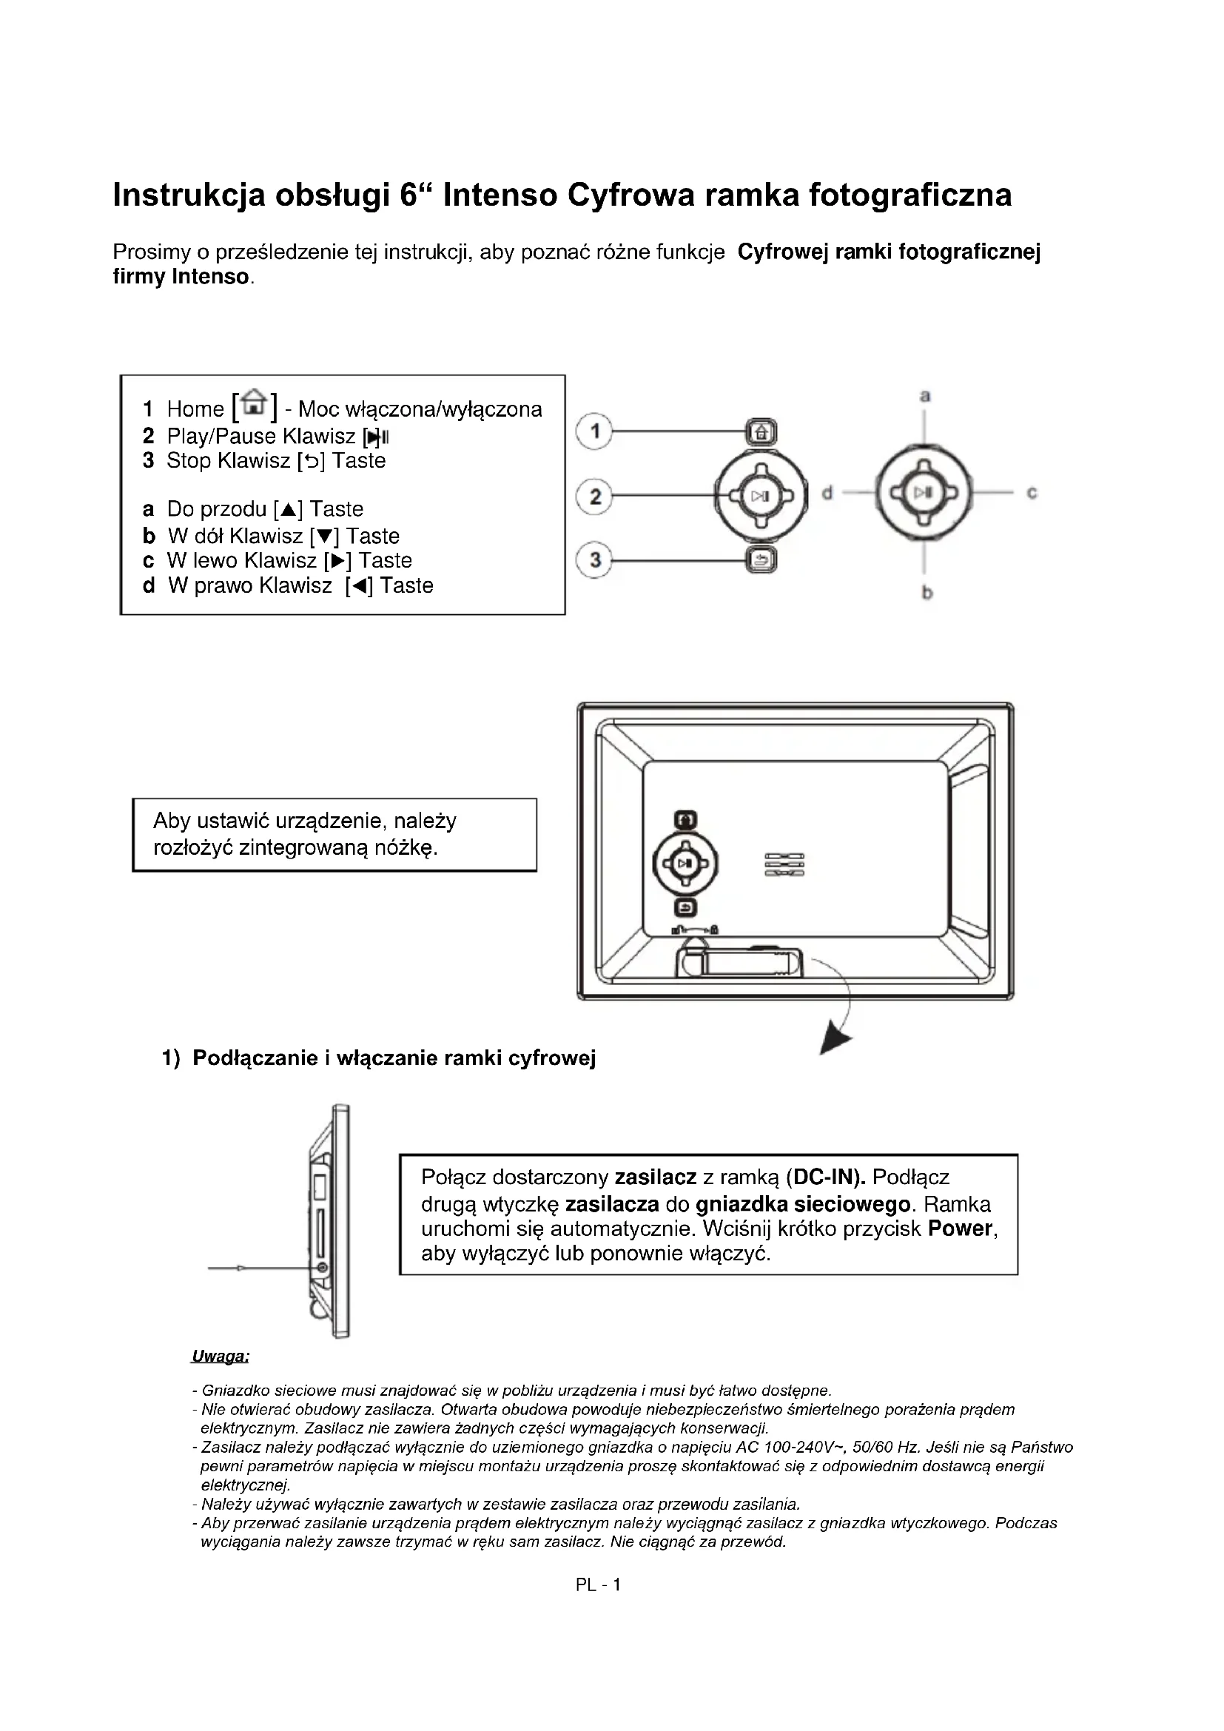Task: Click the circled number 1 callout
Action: (595, 432)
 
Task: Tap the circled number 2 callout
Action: (595, 496)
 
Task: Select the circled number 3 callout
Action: (595, 561)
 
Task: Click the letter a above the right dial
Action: (925, 395)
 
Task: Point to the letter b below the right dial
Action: (927, 594)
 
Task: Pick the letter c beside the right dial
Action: (1032, 493)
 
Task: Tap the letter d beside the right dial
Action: (827, 494)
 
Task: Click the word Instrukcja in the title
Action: (189, 195)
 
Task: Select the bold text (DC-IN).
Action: (825, 1177)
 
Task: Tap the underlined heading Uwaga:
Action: (220, 1357)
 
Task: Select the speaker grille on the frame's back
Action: (784, 864)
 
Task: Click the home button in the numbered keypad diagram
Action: (761, 433)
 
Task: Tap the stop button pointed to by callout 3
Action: (761, 560)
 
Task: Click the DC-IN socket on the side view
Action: (323, 1268)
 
